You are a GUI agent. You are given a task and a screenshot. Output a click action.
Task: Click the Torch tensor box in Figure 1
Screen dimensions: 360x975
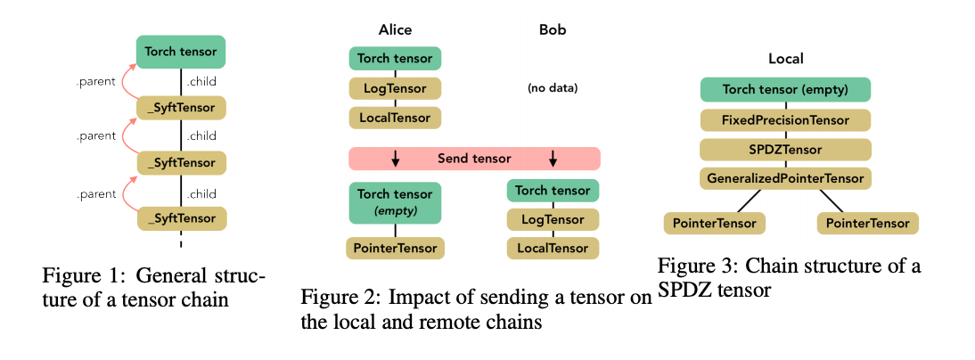pos(181,52)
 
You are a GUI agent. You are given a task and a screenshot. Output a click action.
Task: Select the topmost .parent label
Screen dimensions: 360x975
pos(95,84)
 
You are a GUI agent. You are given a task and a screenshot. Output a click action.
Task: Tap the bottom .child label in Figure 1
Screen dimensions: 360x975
pos(201,193)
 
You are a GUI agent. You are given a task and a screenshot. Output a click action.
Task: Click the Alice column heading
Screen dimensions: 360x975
pos(395,29)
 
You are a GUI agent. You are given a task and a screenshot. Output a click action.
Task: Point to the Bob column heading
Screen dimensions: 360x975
pos(553,29)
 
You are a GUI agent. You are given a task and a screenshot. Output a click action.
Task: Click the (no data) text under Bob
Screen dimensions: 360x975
pos(553,88)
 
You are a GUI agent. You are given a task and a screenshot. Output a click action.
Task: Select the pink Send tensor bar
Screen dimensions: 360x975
pos(474,159)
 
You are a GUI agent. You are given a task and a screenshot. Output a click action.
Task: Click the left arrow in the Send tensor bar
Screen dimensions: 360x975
pos(396,159)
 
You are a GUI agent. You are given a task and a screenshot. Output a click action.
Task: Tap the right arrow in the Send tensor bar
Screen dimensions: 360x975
pos(553,159)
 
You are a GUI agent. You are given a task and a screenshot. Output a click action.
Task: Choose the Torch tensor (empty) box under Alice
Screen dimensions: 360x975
pos(395,202)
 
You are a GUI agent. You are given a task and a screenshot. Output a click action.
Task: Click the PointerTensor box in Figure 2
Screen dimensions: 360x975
pos(395,248)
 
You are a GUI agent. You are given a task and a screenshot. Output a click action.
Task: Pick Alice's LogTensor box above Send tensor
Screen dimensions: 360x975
pos(395,88)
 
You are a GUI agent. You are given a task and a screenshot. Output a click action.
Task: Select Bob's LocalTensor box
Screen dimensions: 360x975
pos(553,248)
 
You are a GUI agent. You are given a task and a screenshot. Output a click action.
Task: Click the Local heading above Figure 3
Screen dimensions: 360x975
pos(786,59)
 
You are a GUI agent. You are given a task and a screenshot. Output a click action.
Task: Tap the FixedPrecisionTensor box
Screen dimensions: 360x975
pos(786,119)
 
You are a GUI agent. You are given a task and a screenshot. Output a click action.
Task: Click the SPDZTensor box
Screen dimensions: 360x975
pos(786,149)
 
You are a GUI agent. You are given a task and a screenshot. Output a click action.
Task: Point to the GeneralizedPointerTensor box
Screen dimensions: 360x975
pos(786,178)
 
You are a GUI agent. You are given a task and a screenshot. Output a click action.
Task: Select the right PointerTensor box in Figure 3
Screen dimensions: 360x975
pos(867,222)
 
